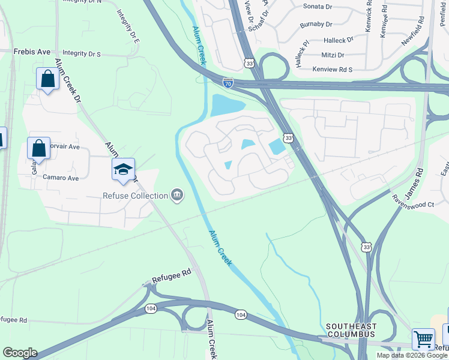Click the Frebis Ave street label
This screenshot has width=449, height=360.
[32, 52]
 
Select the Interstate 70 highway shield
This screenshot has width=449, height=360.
[228, 84]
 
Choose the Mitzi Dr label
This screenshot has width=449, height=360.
[333, 55]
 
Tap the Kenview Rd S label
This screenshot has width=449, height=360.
[333, 70]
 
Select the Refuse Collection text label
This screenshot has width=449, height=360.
[135, 196]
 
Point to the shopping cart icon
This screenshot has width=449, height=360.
[423, 339]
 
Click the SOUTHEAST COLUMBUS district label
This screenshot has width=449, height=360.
[351, 330]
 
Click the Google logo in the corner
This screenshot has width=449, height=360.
[20, 353]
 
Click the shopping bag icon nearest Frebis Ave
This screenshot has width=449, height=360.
[47, 79]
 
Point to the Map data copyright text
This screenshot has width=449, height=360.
[412, 355]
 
